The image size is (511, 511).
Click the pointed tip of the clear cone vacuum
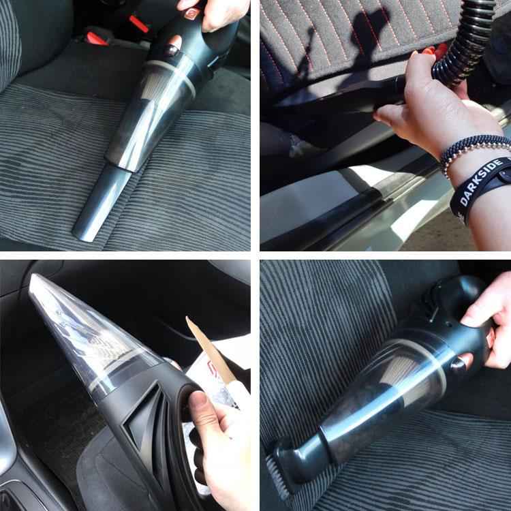tap(33, 277)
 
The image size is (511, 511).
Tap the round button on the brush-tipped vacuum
tap(459, 366)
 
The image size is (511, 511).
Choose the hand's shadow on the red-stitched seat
tap(339, 49)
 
